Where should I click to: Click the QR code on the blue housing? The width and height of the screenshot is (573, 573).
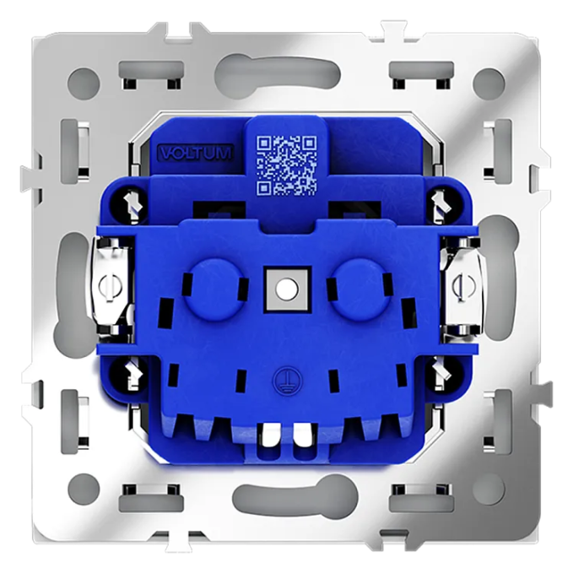(287, 165)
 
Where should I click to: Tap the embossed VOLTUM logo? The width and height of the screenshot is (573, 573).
(196, 153)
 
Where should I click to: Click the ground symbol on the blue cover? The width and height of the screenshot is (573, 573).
(284, 381)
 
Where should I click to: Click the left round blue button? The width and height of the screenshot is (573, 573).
(215, 290)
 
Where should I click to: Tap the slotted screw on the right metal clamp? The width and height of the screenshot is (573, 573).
(463, 286)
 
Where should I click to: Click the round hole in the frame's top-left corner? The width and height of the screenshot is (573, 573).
(84, 83)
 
